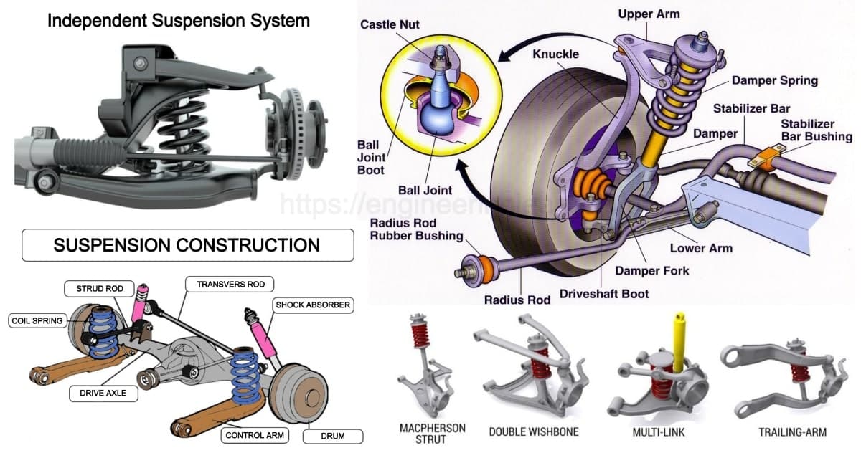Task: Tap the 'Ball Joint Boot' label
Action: coord(371,158)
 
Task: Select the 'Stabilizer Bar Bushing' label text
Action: coord(816,130)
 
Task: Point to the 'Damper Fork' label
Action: coord(651,271)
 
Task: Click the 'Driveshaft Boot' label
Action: coord(604,294)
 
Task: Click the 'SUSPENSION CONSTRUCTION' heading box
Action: coord(187,245)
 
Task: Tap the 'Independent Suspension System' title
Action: coord(179,20)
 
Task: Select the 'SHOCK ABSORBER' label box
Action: coord(312,305)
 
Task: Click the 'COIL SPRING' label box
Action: coord(37,320)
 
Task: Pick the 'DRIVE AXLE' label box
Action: coord(103,393)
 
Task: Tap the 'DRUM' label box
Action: coord(332,435)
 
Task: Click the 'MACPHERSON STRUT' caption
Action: coord(432,433)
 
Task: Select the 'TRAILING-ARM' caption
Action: coord(792,432)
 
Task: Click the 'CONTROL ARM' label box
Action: coord(256,435)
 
